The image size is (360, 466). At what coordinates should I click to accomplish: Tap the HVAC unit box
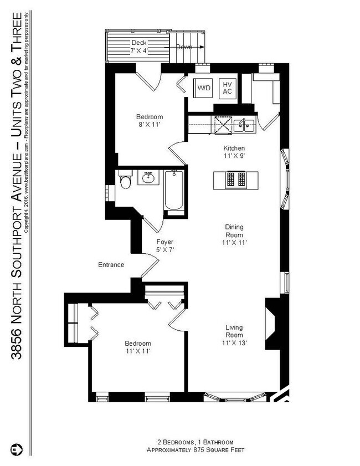pyautogui.click(x=227, y=88)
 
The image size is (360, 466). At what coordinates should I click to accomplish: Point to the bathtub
pyautogui.click(x=173, y=192)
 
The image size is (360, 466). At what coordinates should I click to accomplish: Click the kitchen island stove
pyautogui.click(x=235, y=179)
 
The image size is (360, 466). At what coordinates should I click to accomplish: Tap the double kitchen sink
pyautogui.click(x=244, y=125)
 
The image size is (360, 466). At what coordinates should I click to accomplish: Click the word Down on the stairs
pyautogui.click(x=184, y=47)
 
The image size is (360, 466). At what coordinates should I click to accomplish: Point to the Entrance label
pyautogui.click(x=111, y=265)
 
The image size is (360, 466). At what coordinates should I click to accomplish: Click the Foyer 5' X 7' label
pyautogui.click(x=164, y=246)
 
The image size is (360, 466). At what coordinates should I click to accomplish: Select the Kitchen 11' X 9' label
pyautogui.click(x=234, y=152)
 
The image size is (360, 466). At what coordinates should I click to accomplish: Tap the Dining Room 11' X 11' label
pyautogui.click(x=234, y=234)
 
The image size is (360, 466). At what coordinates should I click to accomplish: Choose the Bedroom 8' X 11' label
pyautogui.click(x=150, y=121)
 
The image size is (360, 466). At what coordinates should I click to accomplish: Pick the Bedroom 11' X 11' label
pyautogui.click(x=137, y=347)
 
